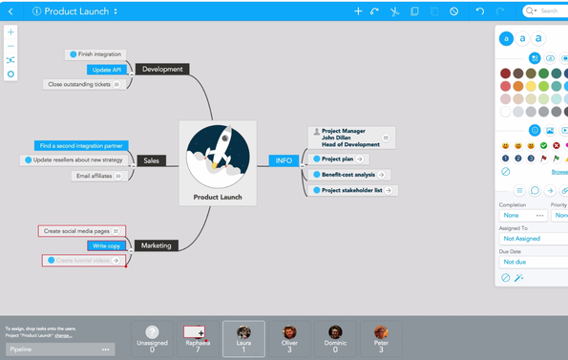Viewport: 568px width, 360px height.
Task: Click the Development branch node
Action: click(162, 69)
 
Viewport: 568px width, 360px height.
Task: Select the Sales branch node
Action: click(151, 160)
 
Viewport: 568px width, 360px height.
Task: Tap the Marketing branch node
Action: click(156, 245)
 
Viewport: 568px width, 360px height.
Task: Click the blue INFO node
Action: click(284, 160)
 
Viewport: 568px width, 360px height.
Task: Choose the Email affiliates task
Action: click(96, 176)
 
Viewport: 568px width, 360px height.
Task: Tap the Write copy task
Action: click(107, 245)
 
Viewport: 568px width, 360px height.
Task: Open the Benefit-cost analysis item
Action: click(347, 175)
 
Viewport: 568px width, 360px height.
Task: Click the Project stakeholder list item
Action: click(351, 190)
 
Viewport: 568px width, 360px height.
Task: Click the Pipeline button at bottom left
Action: click(59, 349)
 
